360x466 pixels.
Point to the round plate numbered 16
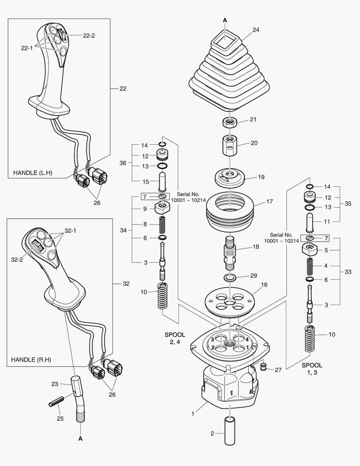229,299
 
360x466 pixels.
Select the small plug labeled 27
263,367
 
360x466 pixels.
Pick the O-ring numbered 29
229,276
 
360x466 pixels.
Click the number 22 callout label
123,88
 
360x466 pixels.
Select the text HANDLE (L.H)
32,173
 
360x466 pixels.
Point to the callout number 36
123,163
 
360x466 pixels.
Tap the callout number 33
347,272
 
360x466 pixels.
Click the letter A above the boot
225,20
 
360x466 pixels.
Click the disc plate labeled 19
229,176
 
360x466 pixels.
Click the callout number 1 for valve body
193,414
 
